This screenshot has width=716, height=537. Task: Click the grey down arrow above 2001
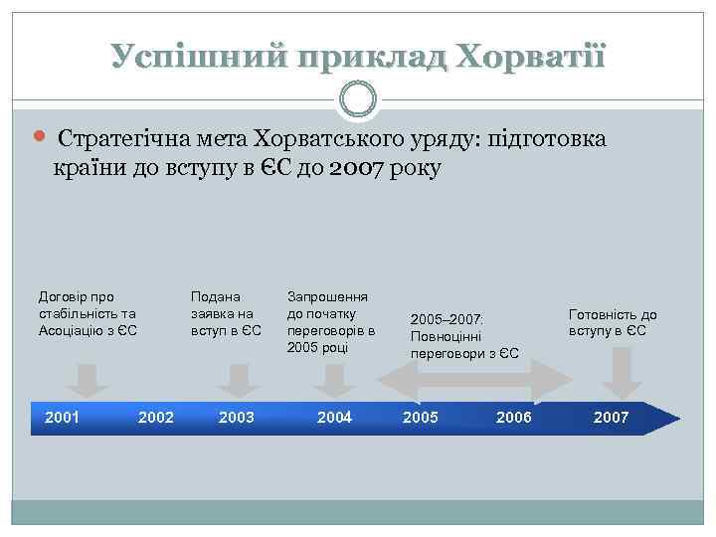[88, 380]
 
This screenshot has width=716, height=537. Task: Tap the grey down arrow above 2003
[238, 380]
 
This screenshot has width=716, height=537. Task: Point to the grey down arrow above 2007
[622, 376]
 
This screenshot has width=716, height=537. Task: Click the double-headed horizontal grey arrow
[468, 380]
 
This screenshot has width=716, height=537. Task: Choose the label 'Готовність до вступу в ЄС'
[613, 322]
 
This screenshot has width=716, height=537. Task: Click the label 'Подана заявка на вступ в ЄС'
[225, 313]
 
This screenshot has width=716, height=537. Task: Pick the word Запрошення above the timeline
[327, 296]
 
